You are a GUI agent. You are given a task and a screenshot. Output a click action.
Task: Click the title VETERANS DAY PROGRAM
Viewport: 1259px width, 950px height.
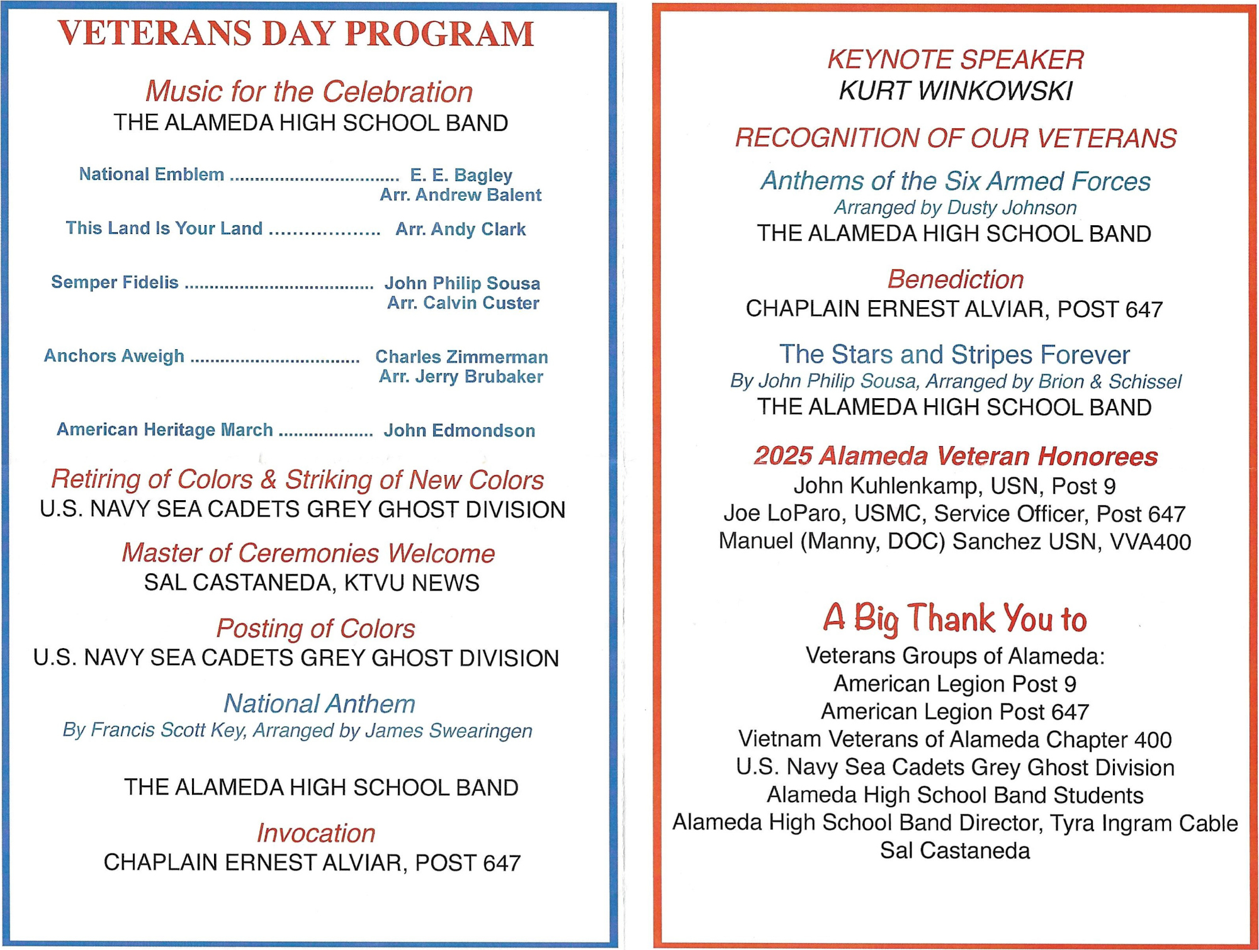point(296,34)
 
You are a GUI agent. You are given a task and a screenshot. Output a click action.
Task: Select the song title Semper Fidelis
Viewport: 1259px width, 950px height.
point(115,282)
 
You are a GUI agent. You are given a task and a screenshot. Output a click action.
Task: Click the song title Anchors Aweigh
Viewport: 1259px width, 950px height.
point(114,355)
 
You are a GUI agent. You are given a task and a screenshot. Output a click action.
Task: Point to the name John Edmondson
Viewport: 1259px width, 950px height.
point(460,430)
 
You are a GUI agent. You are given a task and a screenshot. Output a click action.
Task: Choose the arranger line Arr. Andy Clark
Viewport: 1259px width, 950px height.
point(460,229)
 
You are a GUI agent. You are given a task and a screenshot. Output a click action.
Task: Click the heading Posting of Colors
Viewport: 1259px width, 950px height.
point(315,629)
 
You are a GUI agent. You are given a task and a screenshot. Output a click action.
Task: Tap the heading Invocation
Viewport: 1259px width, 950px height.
point(315,833)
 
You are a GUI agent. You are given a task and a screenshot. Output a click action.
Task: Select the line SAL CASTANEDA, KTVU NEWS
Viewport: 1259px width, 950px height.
point(312,583)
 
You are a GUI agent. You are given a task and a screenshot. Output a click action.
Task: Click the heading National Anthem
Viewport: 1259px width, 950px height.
point(319,703)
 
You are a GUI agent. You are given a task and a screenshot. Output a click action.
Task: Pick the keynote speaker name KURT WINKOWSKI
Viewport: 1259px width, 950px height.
point(955,91)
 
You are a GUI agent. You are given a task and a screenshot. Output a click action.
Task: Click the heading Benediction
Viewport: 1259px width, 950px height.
point(955,279)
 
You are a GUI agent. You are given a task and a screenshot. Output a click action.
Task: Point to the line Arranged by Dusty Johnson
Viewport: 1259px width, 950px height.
point(955,207)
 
